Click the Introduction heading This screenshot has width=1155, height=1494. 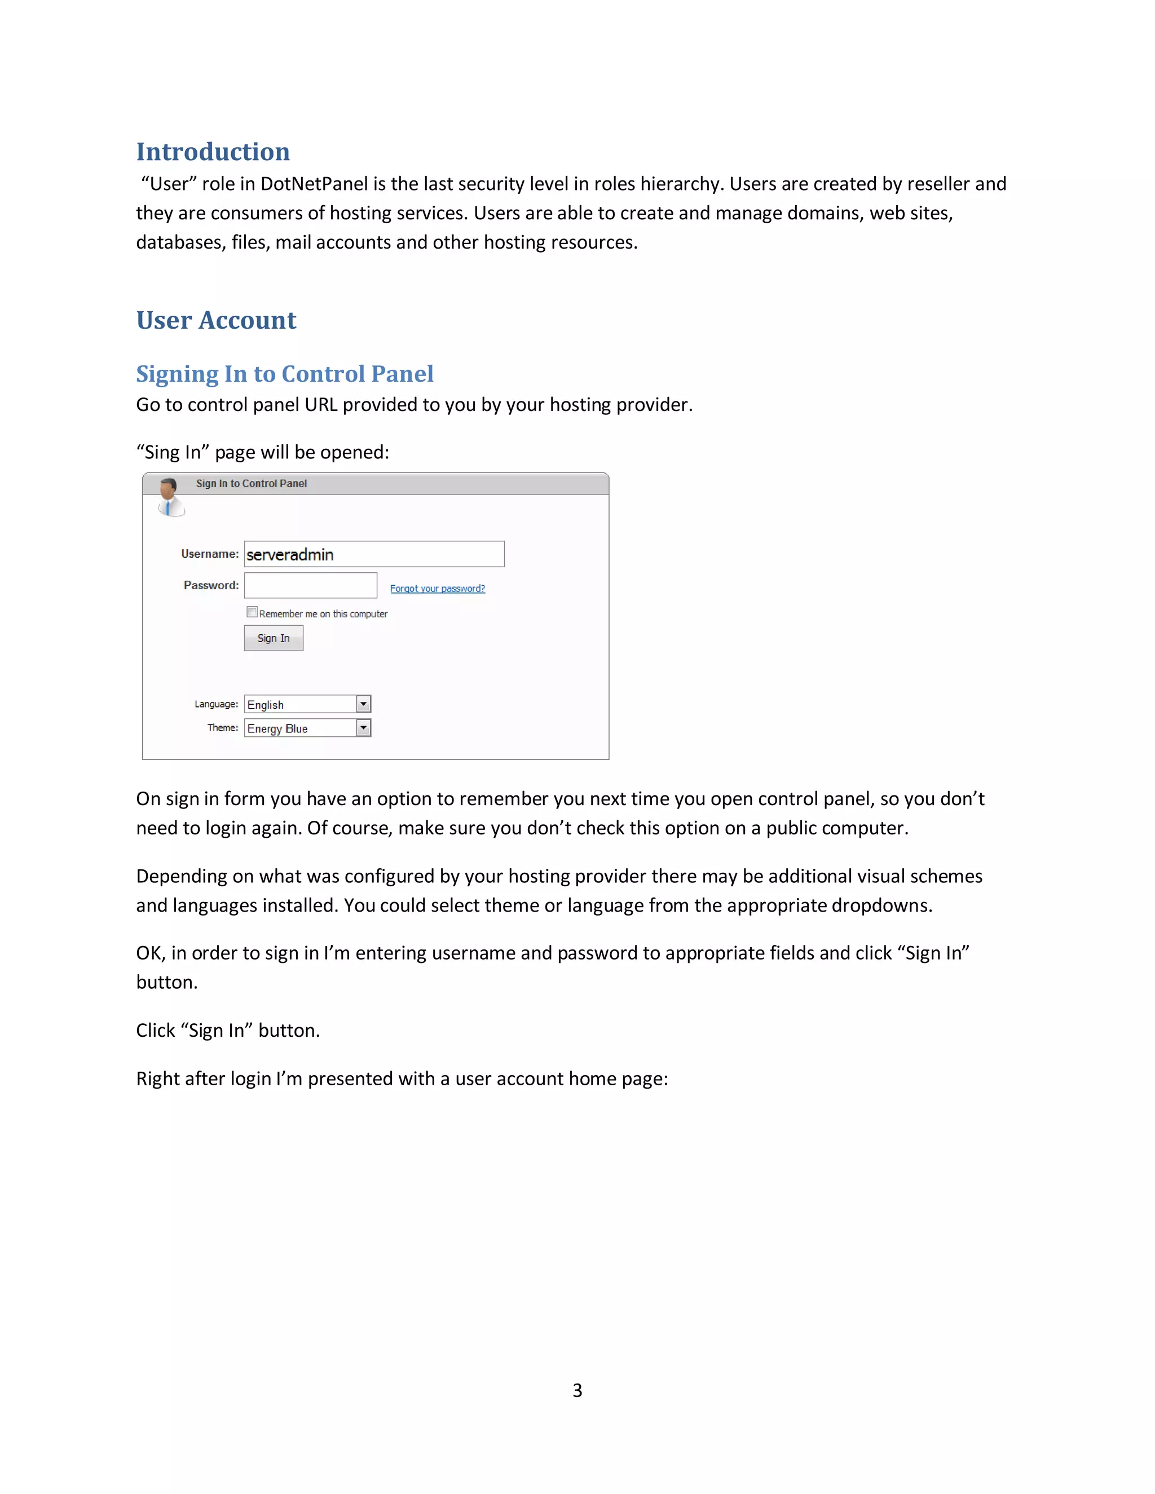tap(213, 152)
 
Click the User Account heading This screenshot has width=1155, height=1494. tap(216, 320)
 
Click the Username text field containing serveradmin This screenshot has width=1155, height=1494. tap(373, 554)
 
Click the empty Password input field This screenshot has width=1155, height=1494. tap(311, 586)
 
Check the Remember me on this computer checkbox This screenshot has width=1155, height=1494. tap(252, 612)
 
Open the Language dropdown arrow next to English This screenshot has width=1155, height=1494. tap(363, 704)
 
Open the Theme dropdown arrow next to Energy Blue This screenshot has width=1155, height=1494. tap(363, 728)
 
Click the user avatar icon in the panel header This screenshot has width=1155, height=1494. tap(170, 497)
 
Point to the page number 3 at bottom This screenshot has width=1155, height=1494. tap(577, 1391)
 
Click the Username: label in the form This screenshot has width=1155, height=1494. tap(209, 554)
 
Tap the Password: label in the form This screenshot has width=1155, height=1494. tap(211, 586)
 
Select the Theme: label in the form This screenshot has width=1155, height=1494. tap(222, 728)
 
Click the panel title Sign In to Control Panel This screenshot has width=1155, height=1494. tap(251, 484)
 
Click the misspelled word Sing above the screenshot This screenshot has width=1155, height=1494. tap(163, 452)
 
